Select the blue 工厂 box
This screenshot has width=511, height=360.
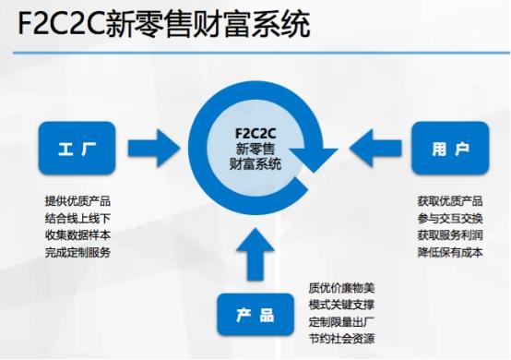pos(77,149)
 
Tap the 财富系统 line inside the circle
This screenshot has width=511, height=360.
pos(255,163)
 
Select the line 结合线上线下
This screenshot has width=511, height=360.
pos(77,219)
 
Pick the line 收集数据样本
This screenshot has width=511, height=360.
pos(77,235)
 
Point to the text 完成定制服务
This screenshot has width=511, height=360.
pos(77,252)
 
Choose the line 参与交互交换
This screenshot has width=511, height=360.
pos(450,219)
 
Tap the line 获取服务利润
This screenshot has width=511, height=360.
pos(450,235)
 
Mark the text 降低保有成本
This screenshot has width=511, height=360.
pos(450,252)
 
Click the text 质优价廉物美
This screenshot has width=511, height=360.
pos(341,287)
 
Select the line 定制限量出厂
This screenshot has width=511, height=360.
pos(341,321)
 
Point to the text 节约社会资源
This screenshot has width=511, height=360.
pos(341,338)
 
